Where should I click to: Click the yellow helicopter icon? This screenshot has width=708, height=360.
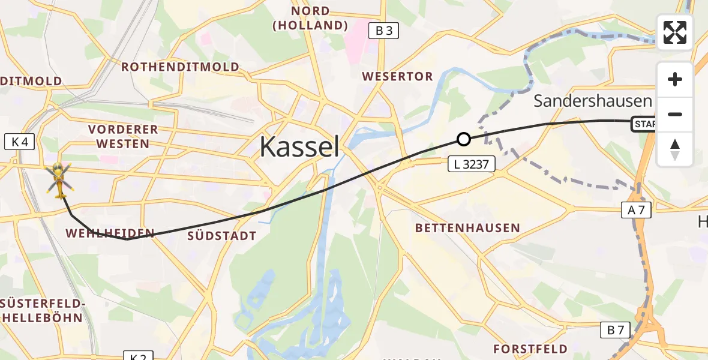click(59, 179)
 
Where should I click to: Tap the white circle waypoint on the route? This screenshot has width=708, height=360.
click(463, 139)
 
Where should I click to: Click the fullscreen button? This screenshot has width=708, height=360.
click(675, 32)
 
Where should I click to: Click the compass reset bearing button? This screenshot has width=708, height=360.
click(675, 149)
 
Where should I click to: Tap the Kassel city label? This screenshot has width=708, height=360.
click(299, 146)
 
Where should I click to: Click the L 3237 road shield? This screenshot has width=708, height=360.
click(472, 163)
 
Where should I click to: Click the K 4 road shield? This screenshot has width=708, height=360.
click(20, 142)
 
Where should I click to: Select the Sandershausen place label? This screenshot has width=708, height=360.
click(592, 101)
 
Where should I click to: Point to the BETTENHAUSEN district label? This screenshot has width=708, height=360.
click(467, 228)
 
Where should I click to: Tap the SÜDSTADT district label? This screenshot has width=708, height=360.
click(222, 236)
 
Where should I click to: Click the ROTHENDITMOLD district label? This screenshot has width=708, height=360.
click(181, 67)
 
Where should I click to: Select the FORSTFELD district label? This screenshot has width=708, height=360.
click(530, 349)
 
